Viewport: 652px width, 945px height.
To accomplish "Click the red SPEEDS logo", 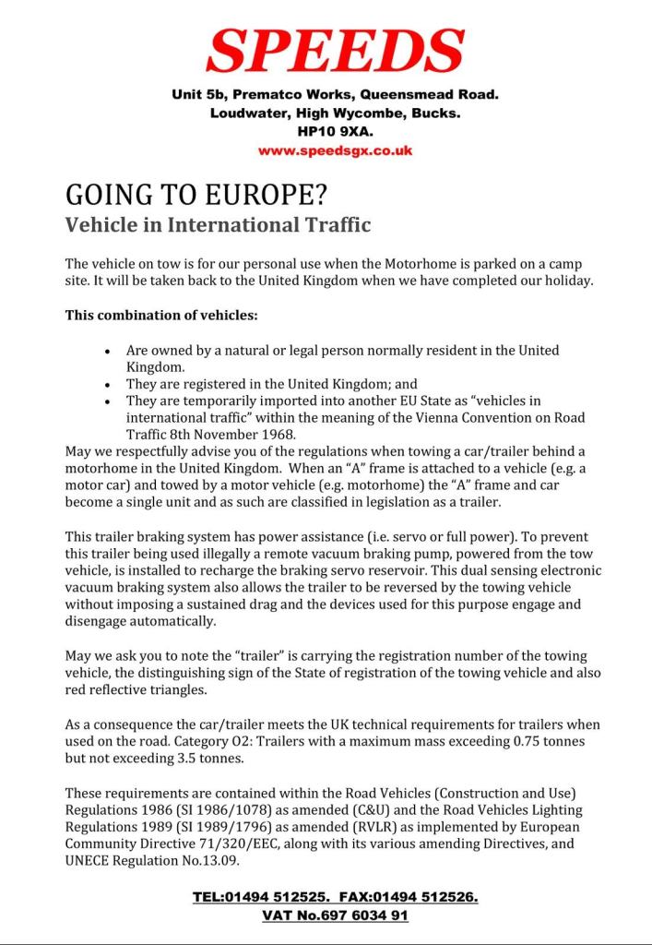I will click(x=335, y=51).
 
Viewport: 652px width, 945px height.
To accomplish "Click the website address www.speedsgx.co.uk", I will click(x=335, y=150).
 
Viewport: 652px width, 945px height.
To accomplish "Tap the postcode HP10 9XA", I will click(x=335, y=132).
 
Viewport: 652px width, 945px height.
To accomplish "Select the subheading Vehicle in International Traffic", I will click(x=218, y=224).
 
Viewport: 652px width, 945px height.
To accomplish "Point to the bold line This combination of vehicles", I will click(x=161, y=315).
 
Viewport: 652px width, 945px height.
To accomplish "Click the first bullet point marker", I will click(x=108, y=352).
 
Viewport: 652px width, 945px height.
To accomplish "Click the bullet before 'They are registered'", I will click(x=108, y=385).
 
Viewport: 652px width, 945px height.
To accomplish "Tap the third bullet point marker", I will click(x=108, y=401).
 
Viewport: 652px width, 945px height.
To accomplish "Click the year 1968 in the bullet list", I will click(x=280, y=434).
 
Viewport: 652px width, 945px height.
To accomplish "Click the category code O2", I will click(x=317, y=740).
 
